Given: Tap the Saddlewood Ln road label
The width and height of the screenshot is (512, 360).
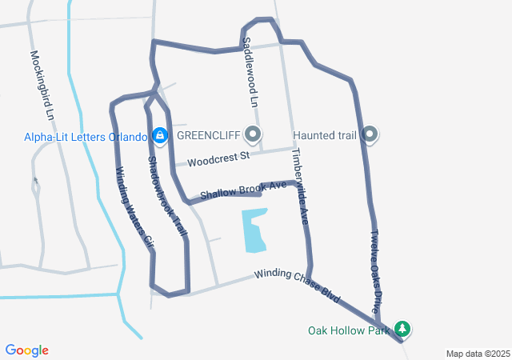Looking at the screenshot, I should click(250, 72).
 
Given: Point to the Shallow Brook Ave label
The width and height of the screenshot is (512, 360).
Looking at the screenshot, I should click(243, 190).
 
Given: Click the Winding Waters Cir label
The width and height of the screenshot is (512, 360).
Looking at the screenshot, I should click(134, 206).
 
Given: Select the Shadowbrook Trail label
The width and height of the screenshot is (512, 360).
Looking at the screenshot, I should click(167, 195).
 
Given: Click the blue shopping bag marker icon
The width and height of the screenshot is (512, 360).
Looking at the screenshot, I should click(160, 135).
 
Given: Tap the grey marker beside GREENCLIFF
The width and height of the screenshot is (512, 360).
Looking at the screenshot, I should click(254, 134).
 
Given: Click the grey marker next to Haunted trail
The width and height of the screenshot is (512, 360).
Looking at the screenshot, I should click(370, 134).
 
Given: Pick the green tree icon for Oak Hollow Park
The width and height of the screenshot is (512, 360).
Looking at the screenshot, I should click(402, 330).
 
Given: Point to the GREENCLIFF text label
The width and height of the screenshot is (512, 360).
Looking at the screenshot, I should click(209, 135).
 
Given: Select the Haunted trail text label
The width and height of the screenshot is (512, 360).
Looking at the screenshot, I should click(324, 135).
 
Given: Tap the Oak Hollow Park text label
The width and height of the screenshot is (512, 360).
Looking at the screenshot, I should click(349, 330).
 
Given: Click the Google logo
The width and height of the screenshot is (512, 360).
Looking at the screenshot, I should click(26, 350).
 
